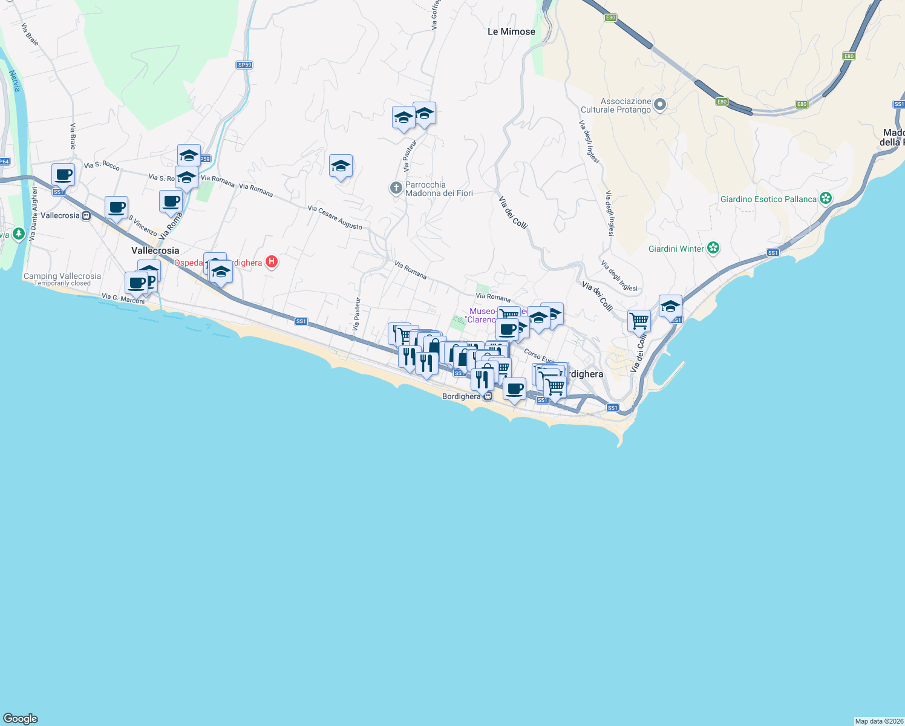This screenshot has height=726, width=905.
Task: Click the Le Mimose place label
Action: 511,31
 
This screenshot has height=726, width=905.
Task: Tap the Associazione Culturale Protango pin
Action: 660,105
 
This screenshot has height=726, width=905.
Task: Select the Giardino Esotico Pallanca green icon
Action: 826,198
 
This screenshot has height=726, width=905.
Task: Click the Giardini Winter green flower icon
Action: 713,248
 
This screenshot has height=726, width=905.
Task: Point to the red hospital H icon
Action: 272,262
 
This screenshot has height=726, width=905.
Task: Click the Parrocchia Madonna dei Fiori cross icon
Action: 396,188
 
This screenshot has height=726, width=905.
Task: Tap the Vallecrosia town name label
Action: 155,250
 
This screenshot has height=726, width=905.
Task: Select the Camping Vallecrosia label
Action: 62,276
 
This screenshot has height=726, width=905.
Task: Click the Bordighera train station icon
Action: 488,396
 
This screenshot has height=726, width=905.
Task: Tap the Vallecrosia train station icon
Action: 87,215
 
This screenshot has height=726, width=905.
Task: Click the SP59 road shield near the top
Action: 244,65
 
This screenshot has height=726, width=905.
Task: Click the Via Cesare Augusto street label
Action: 335,218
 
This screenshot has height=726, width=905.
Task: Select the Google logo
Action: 20,719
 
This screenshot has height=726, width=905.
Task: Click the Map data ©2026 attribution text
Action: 879,721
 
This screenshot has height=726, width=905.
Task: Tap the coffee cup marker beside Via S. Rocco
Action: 63,175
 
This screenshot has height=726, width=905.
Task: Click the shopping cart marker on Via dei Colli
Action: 639,322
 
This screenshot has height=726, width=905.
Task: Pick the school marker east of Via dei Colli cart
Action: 670,307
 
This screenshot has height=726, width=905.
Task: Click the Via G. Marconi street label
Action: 123,298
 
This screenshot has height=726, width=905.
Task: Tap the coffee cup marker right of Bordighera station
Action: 514,389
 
